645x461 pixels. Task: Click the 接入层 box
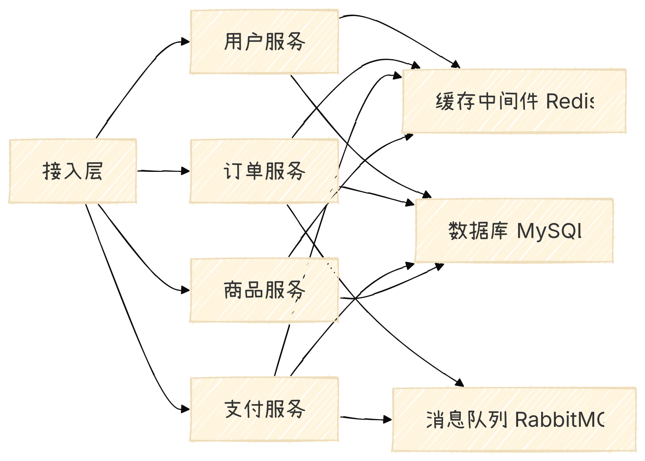point(72,171)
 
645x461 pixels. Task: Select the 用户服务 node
point(264,42)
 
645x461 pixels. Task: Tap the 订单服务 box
point(264,171)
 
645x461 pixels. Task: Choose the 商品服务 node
point(264,290)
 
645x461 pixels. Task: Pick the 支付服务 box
point(264,409)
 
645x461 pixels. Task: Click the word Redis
point(570,102)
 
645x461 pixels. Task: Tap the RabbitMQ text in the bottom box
point(560,419)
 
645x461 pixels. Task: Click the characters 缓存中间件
point(487,102)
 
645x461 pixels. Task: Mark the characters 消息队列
point(467,419)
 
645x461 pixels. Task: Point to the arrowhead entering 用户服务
point(186,42)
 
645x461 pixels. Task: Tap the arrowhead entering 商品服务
point(186,290)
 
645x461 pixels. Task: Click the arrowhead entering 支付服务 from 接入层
point(186,409)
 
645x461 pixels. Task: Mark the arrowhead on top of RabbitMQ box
point(460,383)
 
